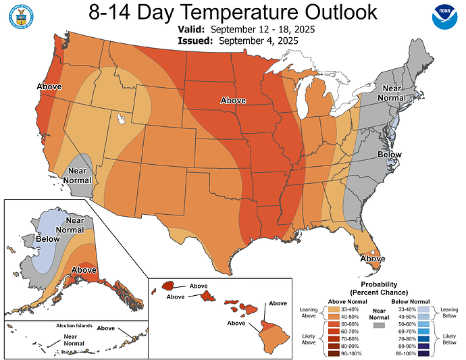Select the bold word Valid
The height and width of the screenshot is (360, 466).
(192, 30)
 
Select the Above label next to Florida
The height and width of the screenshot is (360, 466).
(373, 259)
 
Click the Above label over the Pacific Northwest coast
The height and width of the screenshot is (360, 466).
(49, 86)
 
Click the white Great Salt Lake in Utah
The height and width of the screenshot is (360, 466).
(122, 119)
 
